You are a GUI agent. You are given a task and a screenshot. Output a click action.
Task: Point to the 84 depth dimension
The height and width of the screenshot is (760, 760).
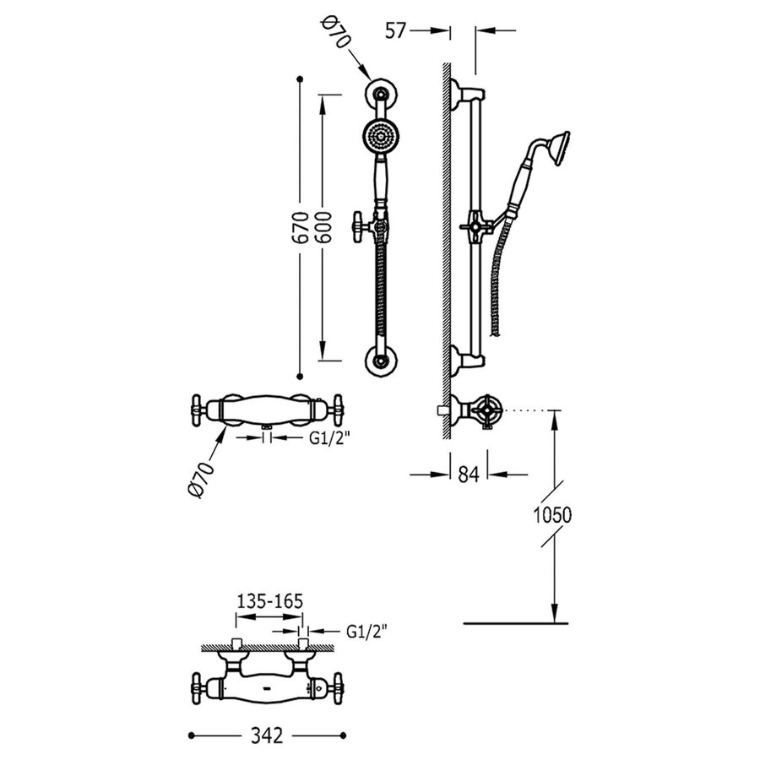tap(469, 475)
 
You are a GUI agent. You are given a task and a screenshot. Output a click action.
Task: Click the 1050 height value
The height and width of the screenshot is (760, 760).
tap(553, 514)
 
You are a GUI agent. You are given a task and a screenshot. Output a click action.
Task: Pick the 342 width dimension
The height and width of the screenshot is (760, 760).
tap(268, 736)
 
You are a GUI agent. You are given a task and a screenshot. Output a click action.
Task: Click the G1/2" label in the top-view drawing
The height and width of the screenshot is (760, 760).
tap(367, 630)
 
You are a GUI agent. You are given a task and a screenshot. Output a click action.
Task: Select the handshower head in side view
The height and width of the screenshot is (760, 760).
tap(556, 144)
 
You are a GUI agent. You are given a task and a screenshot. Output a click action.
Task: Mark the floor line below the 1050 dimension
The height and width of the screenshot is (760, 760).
tap(511, 624)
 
